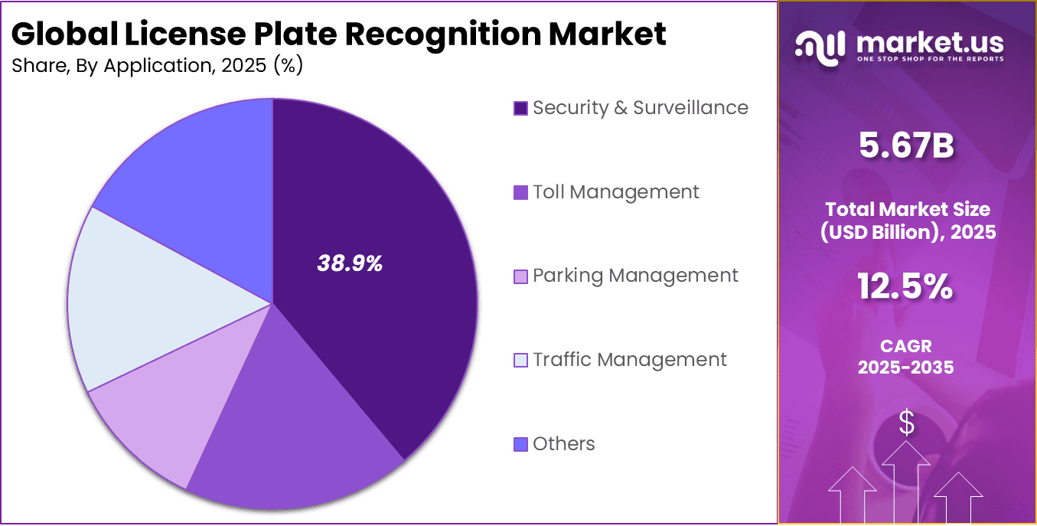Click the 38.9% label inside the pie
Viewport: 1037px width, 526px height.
pyautogui.click(x=350, y=264)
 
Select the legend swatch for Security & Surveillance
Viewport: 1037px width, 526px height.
pyautogui.click(x=520, y=109)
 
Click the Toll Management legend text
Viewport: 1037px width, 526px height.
pyautogui.click(x=615, y=192)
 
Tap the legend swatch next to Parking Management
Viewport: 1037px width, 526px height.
pyautogui.click(x=520, y=276)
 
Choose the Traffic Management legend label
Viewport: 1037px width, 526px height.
pyautogui.click(x=629, y=360)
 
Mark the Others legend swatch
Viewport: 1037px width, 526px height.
pyautogui.click(x=520, y=444)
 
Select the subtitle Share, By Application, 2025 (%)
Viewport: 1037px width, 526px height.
pyautogui.click(x=158, y=67)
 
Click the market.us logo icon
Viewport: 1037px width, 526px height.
pyautogui.click(x=820, y=45)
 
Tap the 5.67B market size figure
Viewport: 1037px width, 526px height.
pyautogui.click(x=906, y=145)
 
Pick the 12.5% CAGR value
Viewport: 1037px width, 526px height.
pyautogui.click(x=905, y=287)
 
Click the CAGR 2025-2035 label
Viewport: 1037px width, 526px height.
pyautogui.click(x=905, y=357)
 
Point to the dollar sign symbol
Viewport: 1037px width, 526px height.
pyautogui.click(x=906, y=423)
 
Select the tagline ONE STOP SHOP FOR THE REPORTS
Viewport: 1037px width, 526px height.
pyautogui.click(x=929, y=59)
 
